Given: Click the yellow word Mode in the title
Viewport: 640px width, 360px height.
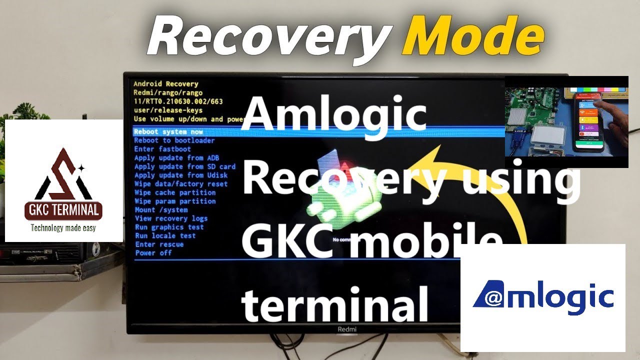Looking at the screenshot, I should point(472,36).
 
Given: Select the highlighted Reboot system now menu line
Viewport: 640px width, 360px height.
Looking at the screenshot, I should point(168,131).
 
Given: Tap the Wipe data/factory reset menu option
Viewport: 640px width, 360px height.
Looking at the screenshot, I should point(181,183).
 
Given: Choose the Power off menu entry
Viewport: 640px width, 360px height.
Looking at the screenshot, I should point(153,253).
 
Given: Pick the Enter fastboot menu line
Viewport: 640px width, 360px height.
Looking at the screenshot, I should point(162,149).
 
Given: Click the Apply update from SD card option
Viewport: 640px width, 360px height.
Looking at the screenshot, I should point(184,166).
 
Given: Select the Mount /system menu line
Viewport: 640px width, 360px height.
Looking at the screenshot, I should point(161,209).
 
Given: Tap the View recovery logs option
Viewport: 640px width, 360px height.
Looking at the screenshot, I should point(171,218).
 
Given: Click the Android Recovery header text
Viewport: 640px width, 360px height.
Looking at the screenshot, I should point(165,84).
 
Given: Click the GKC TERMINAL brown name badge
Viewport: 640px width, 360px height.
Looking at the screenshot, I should point(64,210).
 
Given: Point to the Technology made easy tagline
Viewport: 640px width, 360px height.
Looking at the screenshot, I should point(63,228).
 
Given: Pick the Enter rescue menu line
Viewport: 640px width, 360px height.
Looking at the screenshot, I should point(159,244).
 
